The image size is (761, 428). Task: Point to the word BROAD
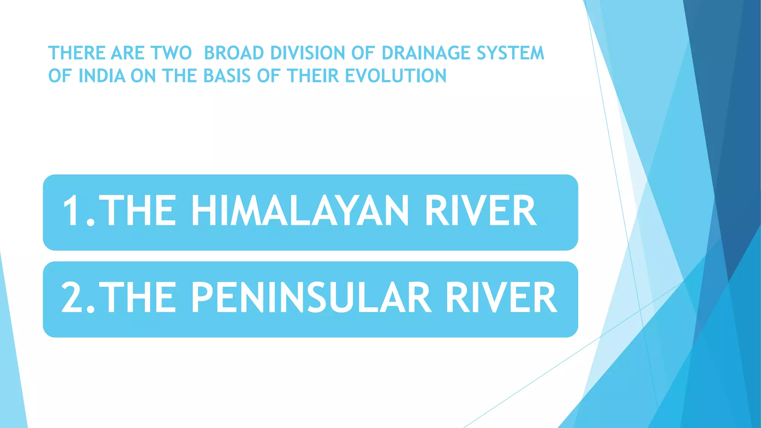pos(234,53)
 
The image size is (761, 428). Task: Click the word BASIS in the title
pos(227,76)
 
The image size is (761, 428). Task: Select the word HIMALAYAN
pos(299,211)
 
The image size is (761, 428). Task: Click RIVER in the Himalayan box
pos(480,211)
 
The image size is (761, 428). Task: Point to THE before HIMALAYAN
pos(137,211)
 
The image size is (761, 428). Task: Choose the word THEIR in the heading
pos(313,76)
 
